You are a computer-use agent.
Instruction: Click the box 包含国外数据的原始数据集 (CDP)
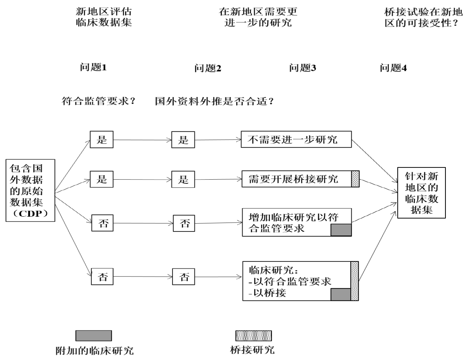point(30,190)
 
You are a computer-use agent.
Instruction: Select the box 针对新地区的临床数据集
point(421,193)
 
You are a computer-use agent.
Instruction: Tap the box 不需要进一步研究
point(296,139)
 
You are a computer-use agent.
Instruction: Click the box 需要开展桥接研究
point(296,179)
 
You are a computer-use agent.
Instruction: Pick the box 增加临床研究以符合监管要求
point(293,222)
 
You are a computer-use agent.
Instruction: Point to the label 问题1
point(93,67)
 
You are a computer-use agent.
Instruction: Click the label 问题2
point(208,68)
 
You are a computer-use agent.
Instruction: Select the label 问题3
point(303,68)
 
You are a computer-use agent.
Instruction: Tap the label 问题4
point(393,68)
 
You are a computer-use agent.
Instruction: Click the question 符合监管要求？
point(98,101)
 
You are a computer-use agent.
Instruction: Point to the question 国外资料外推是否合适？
point(214,101)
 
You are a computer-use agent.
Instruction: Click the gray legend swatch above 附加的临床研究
point(94,336)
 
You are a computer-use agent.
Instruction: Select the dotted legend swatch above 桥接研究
point(254,336)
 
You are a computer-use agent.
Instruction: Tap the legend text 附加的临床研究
point(94,350)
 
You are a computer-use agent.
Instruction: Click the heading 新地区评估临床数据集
point(104,17)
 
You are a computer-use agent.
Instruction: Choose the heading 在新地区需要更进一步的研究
point(258,17)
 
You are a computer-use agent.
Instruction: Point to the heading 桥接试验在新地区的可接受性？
point(424,17)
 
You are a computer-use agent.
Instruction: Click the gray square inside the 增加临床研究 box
point(341,230)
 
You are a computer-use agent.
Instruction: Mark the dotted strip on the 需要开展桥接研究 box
point(355,179)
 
